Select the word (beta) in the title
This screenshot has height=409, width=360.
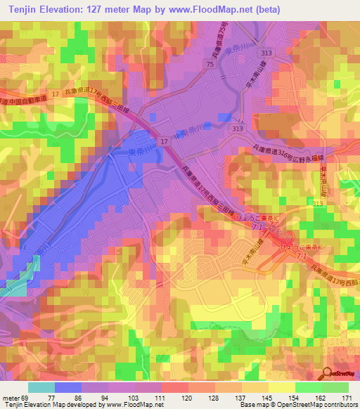pyautogui.click(x=268, y=8)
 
